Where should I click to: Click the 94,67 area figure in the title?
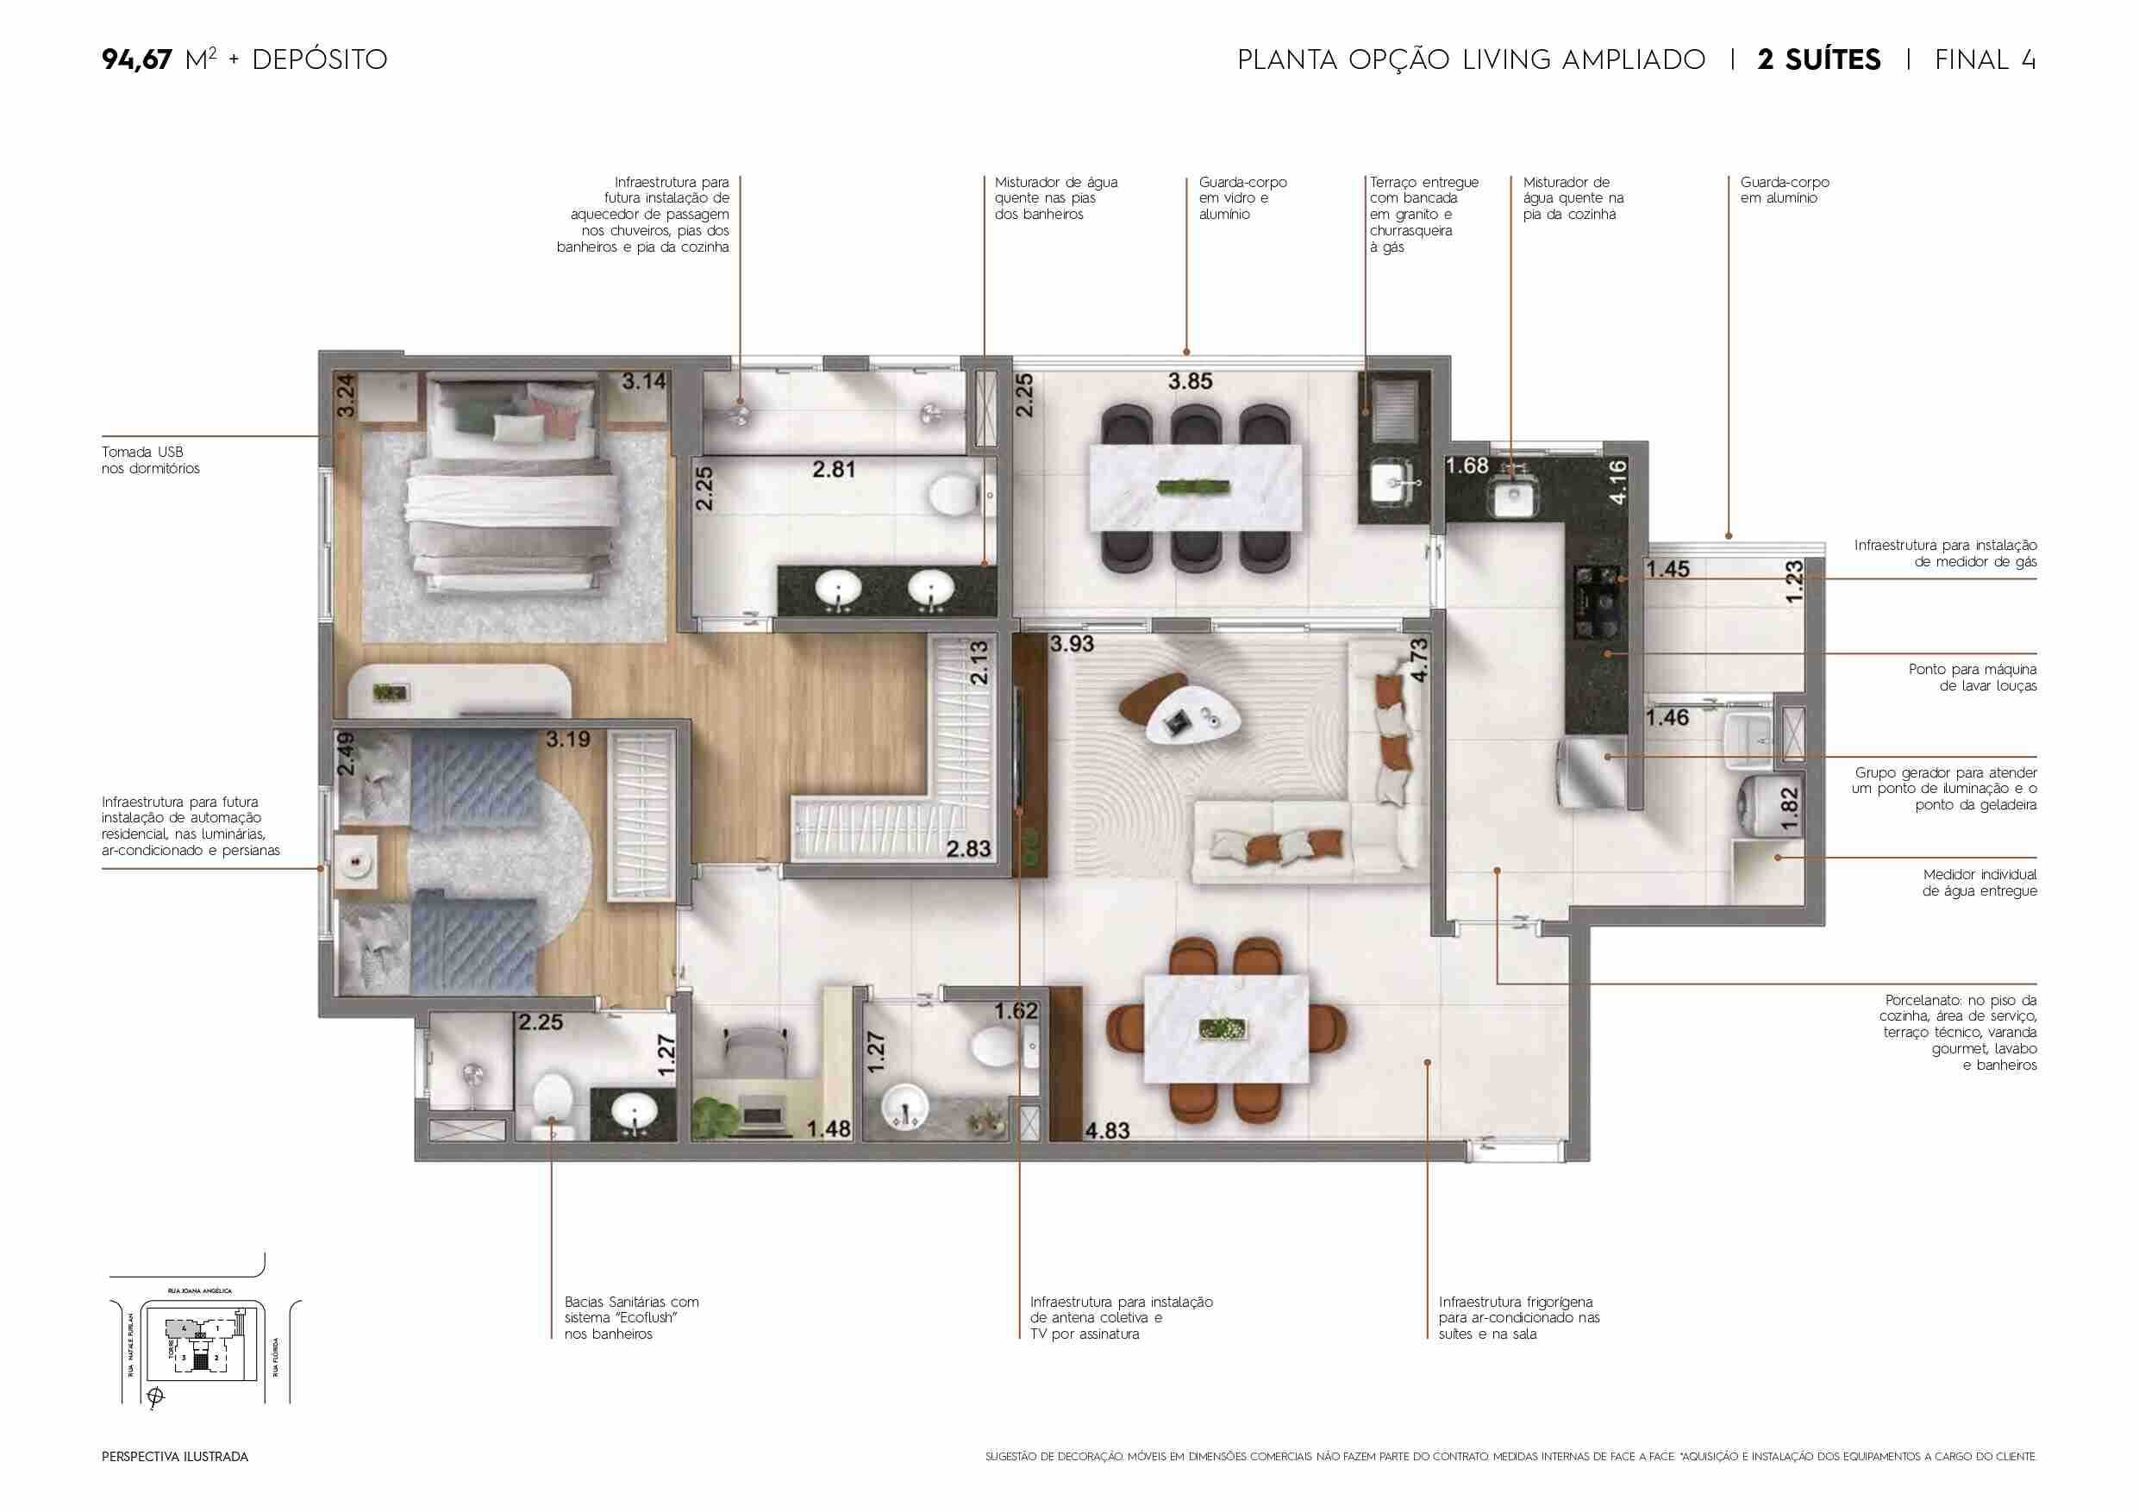click(137, 59)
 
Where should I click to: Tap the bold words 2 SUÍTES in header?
click(1818, 59)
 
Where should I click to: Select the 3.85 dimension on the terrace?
click(1190, 381)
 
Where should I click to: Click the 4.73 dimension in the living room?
click(1418, 659)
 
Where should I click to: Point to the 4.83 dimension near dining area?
click(1107, 1130)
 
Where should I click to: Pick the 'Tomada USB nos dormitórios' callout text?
click(150, 460)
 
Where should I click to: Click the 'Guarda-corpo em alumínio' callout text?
click(1784, 190)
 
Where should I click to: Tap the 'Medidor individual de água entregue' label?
click(1979, 882)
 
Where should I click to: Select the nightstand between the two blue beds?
click(355, 862)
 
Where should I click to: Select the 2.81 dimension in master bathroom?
click(833, 470)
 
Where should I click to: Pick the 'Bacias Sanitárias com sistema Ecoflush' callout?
click(631, 1317)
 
